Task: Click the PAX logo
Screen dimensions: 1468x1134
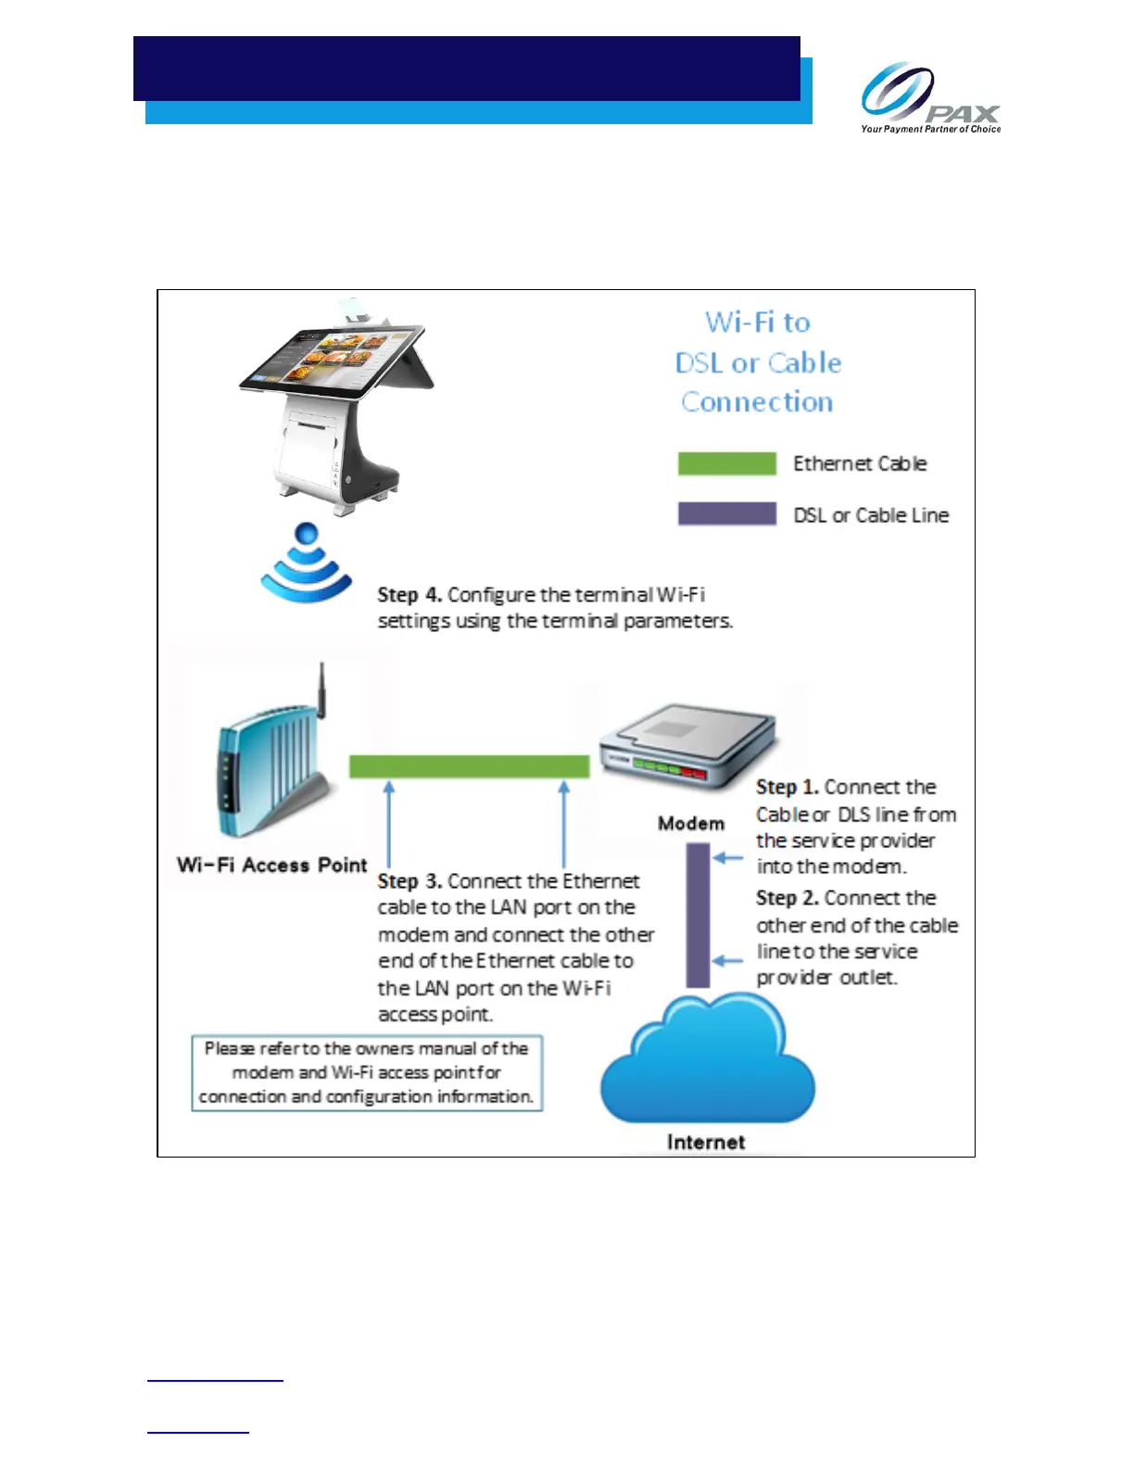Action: [929, 96]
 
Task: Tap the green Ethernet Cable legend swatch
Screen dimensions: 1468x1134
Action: [726, 463]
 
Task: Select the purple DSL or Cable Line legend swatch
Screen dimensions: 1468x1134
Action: [726, 514]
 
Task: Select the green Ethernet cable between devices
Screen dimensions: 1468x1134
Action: [469, 766]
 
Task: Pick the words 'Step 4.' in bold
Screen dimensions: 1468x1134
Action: [409, 595]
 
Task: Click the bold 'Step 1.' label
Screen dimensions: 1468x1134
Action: [787, 788]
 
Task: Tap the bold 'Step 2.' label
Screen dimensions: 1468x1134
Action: [787, 898]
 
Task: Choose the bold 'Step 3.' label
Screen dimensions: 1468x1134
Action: [409, 881]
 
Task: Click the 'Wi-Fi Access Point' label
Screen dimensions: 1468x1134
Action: [272, 866]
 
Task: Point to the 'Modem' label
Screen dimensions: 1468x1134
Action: [691, 824]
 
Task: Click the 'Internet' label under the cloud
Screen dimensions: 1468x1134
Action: [706, 1143]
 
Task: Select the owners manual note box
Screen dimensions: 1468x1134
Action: [367, 1073]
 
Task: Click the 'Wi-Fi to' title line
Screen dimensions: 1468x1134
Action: [758, 323]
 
